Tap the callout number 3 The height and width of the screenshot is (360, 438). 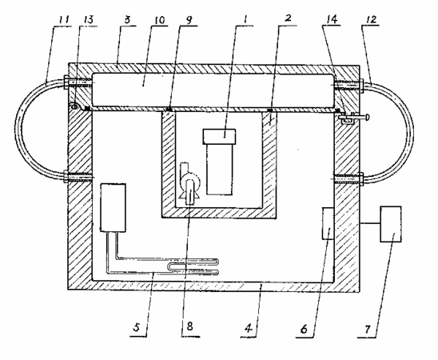[x=127, y=19]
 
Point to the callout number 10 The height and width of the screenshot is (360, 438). [x=159, y=19]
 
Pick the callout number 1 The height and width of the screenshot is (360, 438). [x=245, y=19]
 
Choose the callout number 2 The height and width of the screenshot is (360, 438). [x=288, y=18]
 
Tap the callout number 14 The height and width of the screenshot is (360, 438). [x=332, y=19]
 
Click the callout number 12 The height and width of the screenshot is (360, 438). [x=371, y=19]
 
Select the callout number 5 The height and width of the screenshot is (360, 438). [x=137, y=327]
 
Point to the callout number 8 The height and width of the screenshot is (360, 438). [x=190, y=326]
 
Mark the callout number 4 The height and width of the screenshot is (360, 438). [x=249, y=327]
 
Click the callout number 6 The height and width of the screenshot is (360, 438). [x=304, y=329]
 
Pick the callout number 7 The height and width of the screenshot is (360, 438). [x=368, y=329]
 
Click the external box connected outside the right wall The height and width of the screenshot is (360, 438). [x=391, y=224]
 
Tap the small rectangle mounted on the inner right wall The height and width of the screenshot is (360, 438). [x=328, y=223]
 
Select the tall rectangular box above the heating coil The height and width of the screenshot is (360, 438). [x=113, y=208]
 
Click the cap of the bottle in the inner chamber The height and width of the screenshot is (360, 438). [x=219, y=137]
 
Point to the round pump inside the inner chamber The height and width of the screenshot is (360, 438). [x=190, y=184]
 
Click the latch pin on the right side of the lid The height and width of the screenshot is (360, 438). [x=355, y=118]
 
